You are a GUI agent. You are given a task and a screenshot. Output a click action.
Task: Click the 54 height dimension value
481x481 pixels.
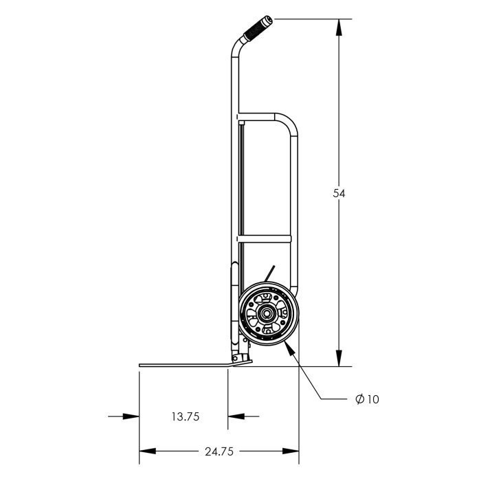(339, 193)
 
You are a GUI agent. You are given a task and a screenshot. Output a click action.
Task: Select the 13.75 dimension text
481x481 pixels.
(186, 416)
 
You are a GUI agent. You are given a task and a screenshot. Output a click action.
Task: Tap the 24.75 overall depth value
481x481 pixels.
(219, 451)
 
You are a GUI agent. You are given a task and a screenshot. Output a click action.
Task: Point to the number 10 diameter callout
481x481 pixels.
(372, 399)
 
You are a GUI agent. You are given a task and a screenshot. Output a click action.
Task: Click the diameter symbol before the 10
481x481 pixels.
(359, 399)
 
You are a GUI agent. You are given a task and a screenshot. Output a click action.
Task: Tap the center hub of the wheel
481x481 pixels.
(264, 313)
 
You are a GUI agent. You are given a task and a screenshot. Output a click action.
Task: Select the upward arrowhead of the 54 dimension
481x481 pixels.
(339, 27)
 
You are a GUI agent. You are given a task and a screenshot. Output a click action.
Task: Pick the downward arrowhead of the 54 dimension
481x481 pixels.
(339, 358)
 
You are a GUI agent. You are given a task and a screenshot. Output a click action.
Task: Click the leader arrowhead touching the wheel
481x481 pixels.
(290, 348)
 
